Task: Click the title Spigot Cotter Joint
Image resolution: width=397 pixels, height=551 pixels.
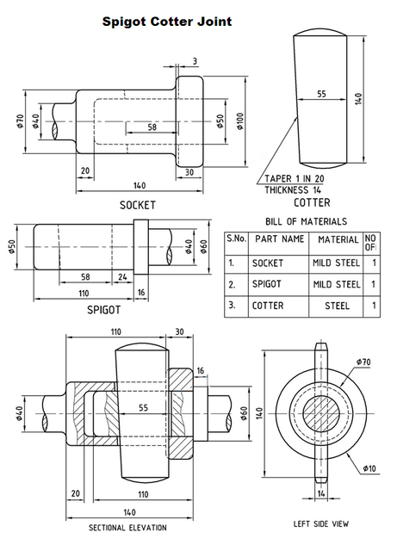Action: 166,18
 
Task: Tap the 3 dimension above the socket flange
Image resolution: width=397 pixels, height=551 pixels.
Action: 195,60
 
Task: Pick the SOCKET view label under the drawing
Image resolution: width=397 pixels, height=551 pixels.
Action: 137,206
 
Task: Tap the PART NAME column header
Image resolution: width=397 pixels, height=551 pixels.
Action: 279,238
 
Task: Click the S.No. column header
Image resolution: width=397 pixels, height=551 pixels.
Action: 236,238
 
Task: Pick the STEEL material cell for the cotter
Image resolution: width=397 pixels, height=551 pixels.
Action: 338,305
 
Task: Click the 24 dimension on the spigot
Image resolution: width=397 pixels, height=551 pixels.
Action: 122,277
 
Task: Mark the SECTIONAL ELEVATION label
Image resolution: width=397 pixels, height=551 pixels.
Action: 127,527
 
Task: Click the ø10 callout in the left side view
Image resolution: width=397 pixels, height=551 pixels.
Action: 370,468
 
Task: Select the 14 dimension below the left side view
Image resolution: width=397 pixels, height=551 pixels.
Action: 321,494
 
